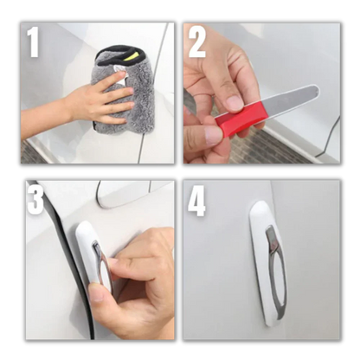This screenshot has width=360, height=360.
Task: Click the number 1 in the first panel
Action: (x=34, y=42)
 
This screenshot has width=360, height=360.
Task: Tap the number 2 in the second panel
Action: (x=197, y=42)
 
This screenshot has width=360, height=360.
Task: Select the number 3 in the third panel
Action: (x=35, y=198)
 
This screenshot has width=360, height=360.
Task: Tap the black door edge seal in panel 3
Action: (x=69, y=260)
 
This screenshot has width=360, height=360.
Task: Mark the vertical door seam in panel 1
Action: (x=151, y=95)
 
